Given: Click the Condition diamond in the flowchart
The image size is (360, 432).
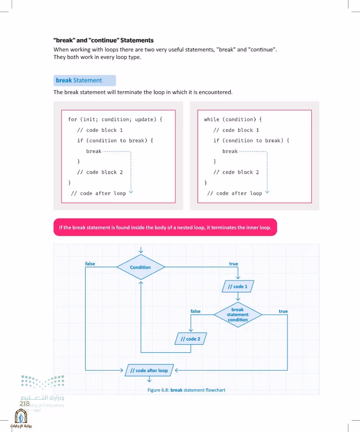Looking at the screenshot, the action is pyautogui.click(x=141, y=267).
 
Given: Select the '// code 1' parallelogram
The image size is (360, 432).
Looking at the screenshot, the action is pyautogui.click(x=238, y=286).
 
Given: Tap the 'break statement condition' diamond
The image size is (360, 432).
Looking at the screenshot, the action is pyautogui.click(x=238, y=315).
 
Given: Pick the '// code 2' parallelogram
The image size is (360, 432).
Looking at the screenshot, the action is pyautogui.click(x=191, y=339).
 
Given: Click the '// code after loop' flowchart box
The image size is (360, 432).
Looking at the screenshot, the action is pyautogui.click(x=149, y=370).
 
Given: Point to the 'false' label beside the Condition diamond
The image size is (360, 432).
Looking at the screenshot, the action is pyautogui.click(x=90, y=263).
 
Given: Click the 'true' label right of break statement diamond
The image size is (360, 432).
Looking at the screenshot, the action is pyautogui.click(x=283, y=311).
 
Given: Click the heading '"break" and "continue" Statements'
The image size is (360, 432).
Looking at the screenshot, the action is pyautogui.click(x=103, y=40).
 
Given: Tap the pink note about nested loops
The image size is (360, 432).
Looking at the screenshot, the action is pyautogui.click(x=165, y=227).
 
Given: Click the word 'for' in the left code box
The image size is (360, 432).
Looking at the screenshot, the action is pyautogui.click(x=73, y=119).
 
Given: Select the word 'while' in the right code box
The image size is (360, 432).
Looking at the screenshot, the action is pyautogui.click(x=211, y=119).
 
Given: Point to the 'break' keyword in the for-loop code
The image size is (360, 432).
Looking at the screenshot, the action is pyautogui.click(x=94, y=151).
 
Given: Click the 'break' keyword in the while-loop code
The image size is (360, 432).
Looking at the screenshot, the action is pyautogui.click(x=230, y=151).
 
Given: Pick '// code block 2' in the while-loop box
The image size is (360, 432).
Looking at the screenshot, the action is pyautogui.click(x=236, y=172).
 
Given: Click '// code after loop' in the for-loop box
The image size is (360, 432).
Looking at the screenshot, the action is pyautogui.click(x=98, y=193).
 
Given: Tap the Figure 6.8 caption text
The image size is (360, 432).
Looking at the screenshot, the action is pyautogui.click(x=186, y=390).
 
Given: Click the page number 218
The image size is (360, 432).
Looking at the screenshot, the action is pyautogui.click(x=25, y=403).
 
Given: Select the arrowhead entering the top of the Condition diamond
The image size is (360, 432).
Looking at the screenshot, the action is pyautogui.click(x=141, y=251).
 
